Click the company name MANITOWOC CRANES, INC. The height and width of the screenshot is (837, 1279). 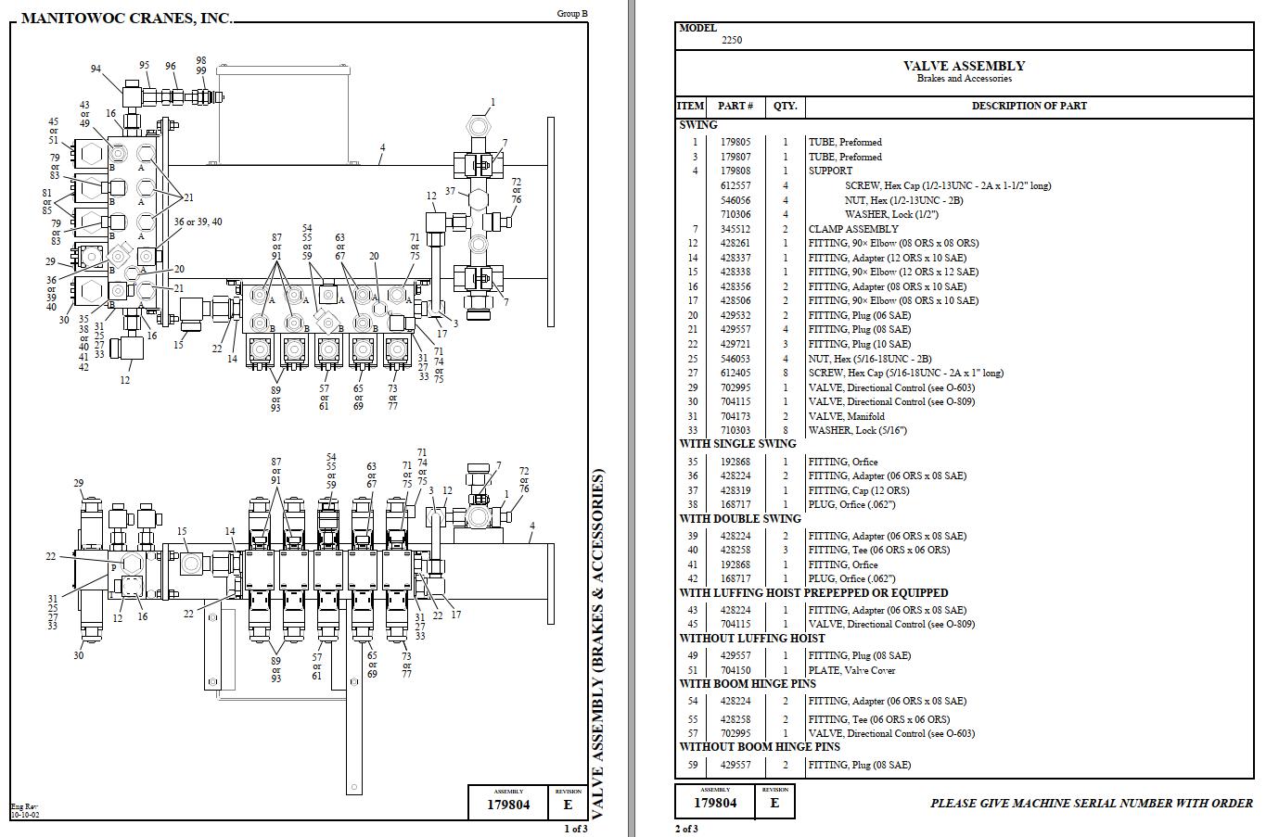pyautogui.click(x=126, y=19)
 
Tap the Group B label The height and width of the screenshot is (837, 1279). pyautogui.click(x=571, y=14)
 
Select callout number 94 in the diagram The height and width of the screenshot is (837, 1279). pyautogui.click(x=96, y=70)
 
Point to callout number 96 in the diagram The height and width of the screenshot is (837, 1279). pyautogui.click(x=171, y=67)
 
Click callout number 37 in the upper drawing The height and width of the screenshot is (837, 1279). pyautogui.click(x=450, y=192)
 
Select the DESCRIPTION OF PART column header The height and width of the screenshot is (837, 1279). pyautogui.click(x=1029, y=106)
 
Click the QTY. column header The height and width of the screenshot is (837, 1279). pyautogui.click(x=785, y=106)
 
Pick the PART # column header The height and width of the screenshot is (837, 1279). pyautogui.click(x=735, y=106)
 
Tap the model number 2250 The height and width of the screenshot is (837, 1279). pyautogui.click(x=732, y=40)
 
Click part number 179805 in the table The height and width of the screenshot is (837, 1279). pyautogui.click(x=735, y=143)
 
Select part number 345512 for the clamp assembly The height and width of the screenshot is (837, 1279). pyautogui.click(x=735, y=229)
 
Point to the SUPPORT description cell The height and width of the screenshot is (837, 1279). pyautogui.click(x=830, y=171)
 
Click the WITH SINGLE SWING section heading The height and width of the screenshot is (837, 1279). pyautogui.click(x=737, y=444)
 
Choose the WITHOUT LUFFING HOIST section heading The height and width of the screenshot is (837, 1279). pyautogui.click(x=751, y=639)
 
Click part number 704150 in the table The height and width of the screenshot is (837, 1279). pyautogui.click(x=735, y=670)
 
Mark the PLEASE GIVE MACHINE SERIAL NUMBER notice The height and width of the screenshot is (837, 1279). pyautogui.click(x=1091, y=804)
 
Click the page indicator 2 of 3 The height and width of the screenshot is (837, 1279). pyautogui.click(x=686, y=829)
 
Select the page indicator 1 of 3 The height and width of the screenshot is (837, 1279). pyautogui.click(x=575, y=829)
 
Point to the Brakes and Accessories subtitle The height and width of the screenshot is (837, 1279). pyautogui.click(x=964, y=79)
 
